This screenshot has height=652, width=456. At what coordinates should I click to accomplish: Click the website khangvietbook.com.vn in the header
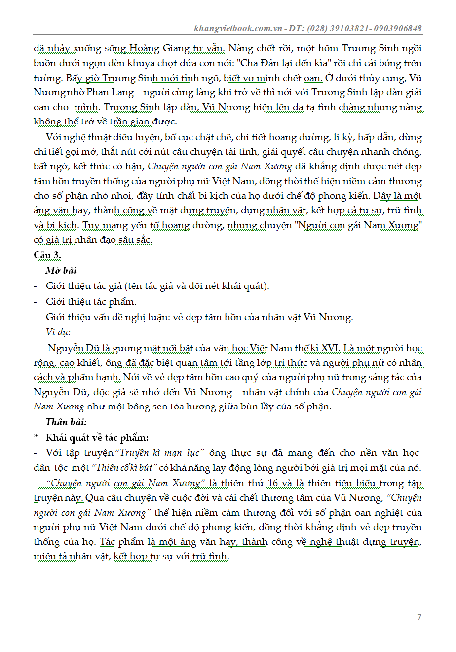click(x=238, y=29)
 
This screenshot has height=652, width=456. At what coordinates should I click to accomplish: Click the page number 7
click(x=419, y=617)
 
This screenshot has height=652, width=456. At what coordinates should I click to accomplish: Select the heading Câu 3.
click(x=47, y=255)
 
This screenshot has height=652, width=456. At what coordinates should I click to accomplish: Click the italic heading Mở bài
click(x=61, y=271)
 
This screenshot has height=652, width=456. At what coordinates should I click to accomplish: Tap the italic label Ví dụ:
click(x=58, y=332)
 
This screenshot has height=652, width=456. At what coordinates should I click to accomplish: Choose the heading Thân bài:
click(x=66, y=422)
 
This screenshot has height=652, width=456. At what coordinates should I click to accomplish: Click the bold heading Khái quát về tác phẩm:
click(x=97, y=438)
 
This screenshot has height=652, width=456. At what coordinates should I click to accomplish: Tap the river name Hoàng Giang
click(x=159, y=48)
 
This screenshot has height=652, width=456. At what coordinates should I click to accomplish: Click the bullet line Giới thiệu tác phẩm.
click(x=91, y=302)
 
